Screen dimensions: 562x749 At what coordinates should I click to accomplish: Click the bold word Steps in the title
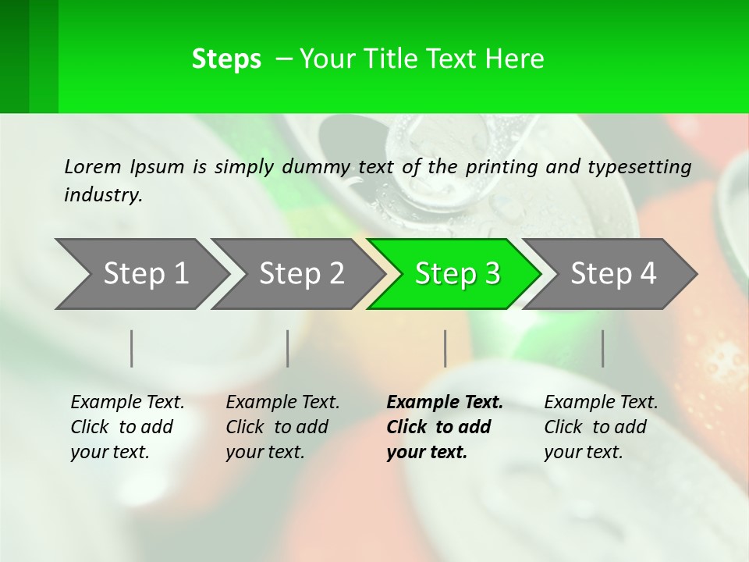click(226, 59)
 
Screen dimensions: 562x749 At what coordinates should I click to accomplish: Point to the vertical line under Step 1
click(132, 348)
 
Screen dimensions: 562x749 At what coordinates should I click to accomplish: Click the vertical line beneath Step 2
click(288, 348)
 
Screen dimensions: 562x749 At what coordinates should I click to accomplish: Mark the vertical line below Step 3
click(445, 348)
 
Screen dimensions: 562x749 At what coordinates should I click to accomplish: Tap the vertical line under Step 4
click(603, 348)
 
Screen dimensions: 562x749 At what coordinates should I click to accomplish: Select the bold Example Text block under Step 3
click(445, 427)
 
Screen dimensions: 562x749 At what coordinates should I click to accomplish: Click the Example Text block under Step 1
click(127, 427)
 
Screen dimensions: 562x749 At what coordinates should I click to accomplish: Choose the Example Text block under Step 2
click(282, 427)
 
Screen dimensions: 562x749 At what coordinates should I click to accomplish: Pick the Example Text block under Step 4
click(601, 427)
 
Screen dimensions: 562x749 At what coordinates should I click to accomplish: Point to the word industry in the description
click(103, 195)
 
